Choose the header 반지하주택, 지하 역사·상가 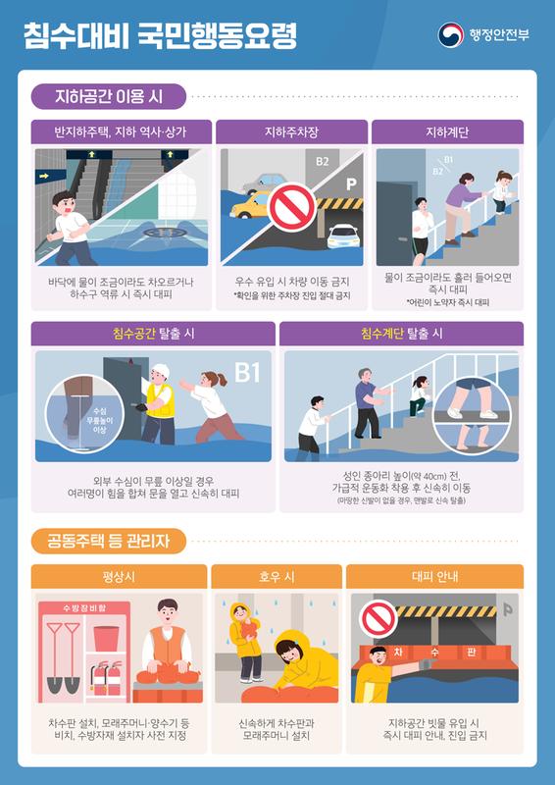[x=121, y=131]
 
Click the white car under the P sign [x=341, y=236]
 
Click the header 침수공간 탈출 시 [x=153, y=334]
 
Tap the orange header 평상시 [x=119, y=576]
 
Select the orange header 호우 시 [x=276, y=576]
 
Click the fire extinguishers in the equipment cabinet [x=103, y=675]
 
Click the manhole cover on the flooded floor [x=158, y=235]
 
